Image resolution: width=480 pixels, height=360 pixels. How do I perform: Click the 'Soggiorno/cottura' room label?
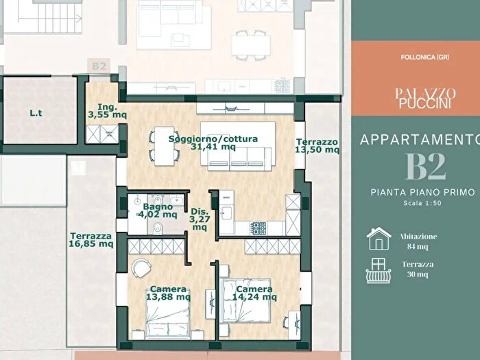click(x=213, y=139)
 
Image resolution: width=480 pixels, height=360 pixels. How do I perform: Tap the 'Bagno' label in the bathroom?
click(x=158, y=206)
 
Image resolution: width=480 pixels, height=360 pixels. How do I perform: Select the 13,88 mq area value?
click(x=168, y=297)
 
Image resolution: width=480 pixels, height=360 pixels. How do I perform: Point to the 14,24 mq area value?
click(x=254, y=297)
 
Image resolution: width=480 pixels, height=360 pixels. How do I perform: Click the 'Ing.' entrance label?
click(x=108, y=107)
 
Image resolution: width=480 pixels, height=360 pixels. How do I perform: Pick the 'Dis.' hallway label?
click(x=200, y=211)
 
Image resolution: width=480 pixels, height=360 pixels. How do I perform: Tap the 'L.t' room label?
click(x=36, y=113)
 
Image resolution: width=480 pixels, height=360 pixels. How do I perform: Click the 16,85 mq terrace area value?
click(x=91, y=244)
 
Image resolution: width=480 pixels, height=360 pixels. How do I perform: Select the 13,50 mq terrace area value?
click(x=317, y=149)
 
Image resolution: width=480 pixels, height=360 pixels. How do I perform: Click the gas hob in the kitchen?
click(x=259, y=228)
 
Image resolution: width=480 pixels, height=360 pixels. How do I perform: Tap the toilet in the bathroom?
click(x=157, y=228)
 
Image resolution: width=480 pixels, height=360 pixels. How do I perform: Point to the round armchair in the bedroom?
click(x=141, y=268)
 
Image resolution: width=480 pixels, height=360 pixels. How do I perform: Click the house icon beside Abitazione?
click(x=379, y=239)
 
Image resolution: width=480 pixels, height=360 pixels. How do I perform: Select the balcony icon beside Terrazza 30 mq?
click(x=379, y=271)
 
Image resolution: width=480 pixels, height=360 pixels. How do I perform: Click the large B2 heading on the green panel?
click(x=426, y=166)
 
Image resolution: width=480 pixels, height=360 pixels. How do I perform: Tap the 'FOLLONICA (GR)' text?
click(x=425, y=57)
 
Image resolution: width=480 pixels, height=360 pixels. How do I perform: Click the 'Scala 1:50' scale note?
click(x=422, y=203)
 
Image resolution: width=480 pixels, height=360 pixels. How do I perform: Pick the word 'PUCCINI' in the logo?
click(x=425, y=104)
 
